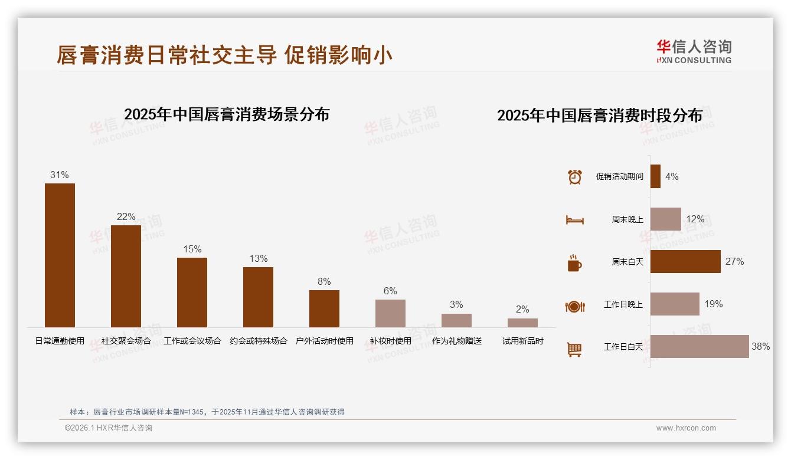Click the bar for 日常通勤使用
[60, 255]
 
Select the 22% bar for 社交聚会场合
[126, 276]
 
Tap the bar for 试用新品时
[522, 323]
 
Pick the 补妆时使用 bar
[390, 313]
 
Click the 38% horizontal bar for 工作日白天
[700, 346]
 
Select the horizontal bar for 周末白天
[685, 261]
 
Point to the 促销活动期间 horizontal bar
[655, 176]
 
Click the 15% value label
[192, 249]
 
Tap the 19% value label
[713, 304]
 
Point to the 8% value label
[324, 282]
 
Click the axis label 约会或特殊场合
[258, 341]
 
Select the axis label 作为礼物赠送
[456, 341]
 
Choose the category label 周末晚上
[627, 219]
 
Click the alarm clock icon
[574, 177]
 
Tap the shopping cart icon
[574, 349]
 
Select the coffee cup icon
[574, 263]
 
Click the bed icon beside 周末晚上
[574, 220]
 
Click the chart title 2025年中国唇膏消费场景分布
[227, 114]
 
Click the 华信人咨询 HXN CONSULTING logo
[694, 52]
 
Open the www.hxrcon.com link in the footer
[686, 428]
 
